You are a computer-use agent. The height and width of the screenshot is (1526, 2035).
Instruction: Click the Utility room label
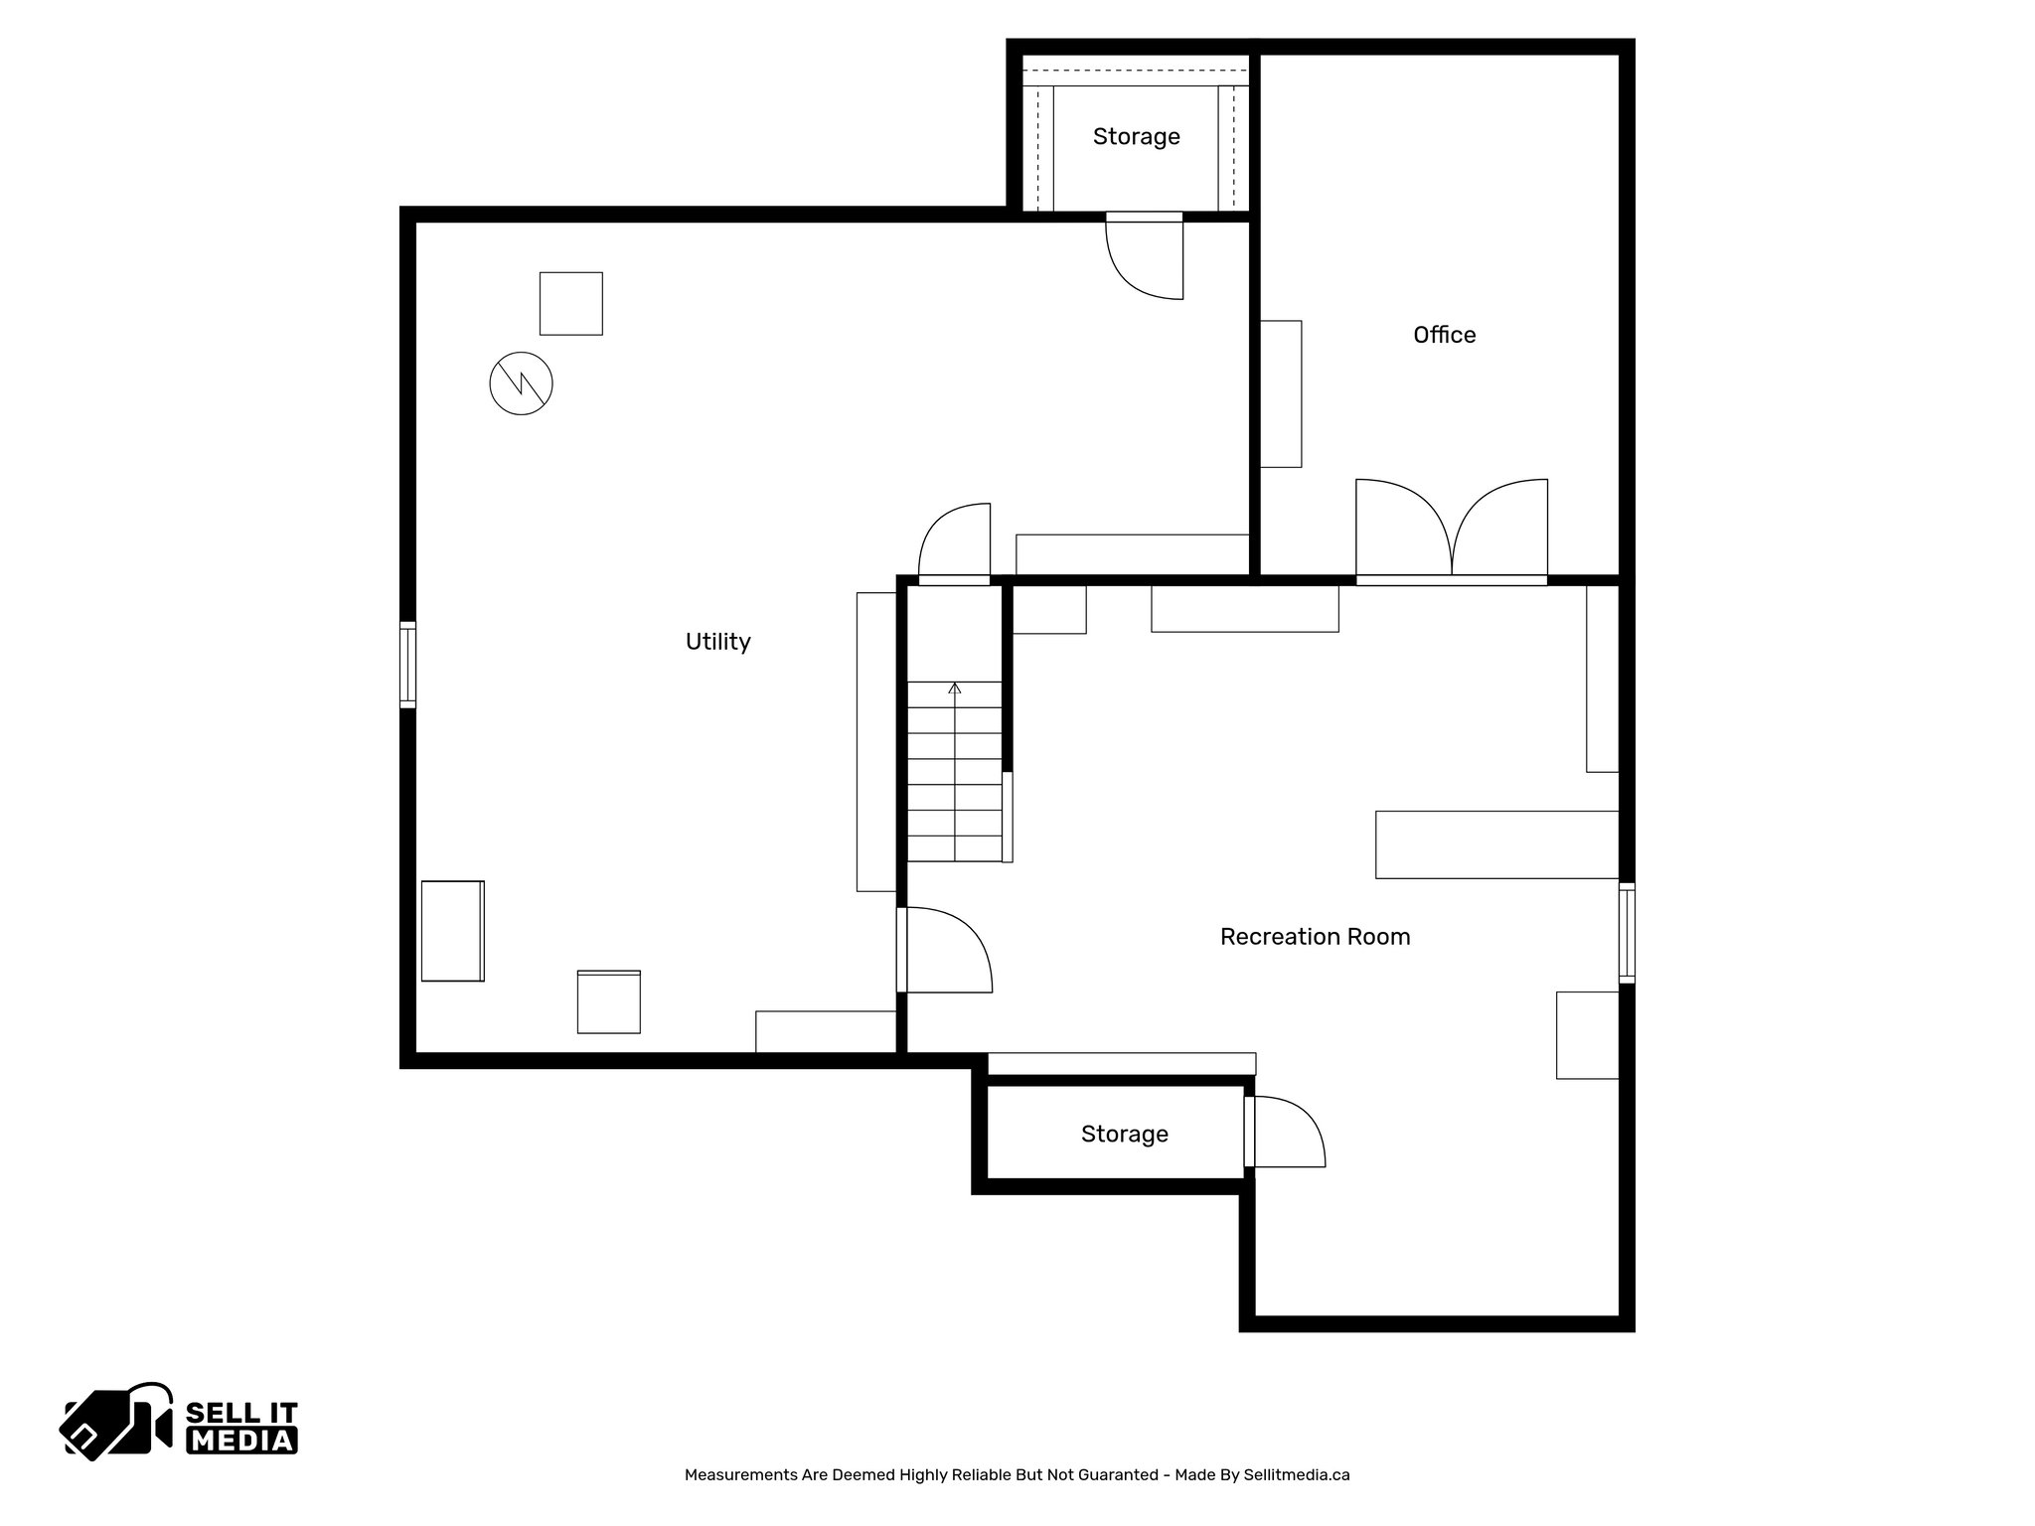pyautogui.click(x=717, y=642)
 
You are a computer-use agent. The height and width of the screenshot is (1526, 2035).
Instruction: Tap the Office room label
pyautogui.click(x=1444, y=335)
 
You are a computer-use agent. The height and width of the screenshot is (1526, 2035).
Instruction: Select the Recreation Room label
pyautogui.click(x=1315, y=937)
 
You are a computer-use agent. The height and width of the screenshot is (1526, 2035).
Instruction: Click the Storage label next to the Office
pyautogui.click(x=1136, y=137)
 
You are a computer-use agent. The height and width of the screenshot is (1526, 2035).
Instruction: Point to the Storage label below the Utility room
pyautogui.click(x=1124, y=1135)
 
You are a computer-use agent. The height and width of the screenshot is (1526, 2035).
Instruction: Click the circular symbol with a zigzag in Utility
pyautogui.click(x=521, y=383)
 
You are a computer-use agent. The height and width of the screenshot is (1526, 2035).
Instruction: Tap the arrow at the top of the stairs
pyautogui.click(x=955, y=687)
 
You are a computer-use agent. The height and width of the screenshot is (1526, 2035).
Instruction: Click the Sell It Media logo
pyautogui.click(x=180, y=1421)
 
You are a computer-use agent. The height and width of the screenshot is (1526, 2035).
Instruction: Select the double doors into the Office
pyautogui.click(x=1452, y=531)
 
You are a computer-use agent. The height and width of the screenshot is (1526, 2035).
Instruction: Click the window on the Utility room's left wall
pyautogui.click(x=407, y=665)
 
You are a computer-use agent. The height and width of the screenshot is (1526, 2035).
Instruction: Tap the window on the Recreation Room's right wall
pyautogui.click(x=1626, y=933)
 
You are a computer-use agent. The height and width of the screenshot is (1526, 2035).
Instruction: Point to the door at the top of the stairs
pyautogui.click(x=955, y=542)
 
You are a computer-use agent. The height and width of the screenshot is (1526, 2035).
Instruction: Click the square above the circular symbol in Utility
pyautogui.click(x=570, y=303)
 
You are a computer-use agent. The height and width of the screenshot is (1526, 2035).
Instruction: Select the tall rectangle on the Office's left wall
pyautogui.click(x=1281, y=393)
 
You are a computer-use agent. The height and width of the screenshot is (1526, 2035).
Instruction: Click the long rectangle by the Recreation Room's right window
pyautogui.click(x=1496, y=844)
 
